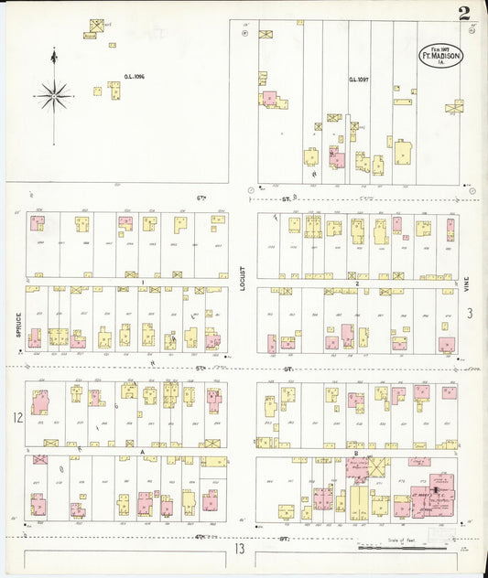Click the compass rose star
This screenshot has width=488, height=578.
pos(54,93)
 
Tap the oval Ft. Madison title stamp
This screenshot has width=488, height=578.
pos(441,55)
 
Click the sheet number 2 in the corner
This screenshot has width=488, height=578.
pos(465,13)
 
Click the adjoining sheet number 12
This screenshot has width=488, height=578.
pos(16,418)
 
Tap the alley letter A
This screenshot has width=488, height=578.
pos(142,451)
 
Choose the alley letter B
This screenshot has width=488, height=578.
pos(354,451)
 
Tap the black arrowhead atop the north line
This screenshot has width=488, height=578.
pos(54,58)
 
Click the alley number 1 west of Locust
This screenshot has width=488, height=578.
pos(143,282)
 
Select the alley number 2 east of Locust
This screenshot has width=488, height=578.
pos(356,283)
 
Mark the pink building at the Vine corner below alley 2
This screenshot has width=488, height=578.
pos(447,344)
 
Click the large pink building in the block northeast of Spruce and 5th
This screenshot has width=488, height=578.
pos(40,402)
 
